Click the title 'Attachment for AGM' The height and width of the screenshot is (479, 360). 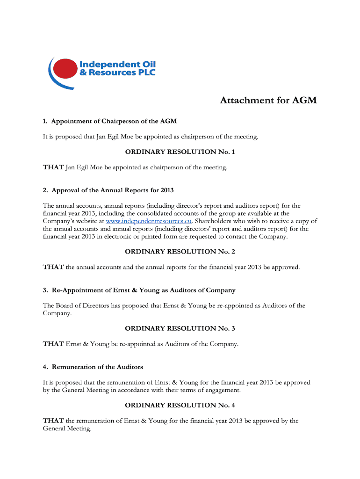tap(268, 101)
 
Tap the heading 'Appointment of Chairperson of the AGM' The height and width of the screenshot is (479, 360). tap(114, 122)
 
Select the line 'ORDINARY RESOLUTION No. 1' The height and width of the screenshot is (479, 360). tap(180, 152)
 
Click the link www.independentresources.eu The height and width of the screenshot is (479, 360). tap(149, 221)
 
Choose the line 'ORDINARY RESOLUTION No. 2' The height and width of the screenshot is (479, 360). tap(180, 252)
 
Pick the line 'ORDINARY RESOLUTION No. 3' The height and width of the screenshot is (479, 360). tap(180, 328)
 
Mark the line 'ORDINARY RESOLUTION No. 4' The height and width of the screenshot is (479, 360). tap(180, 405)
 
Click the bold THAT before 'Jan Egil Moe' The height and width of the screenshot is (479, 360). tap(53, 167)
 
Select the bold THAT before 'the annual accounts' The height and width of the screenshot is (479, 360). tap(53, 267)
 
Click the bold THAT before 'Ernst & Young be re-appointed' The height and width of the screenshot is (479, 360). tap(53, 344)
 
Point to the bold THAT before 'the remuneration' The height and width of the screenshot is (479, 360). tap(53, 421)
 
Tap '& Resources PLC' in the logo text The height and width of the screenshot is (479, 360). tap(117, 73)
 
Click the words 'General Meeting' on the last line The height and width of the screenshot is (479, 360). tap(66, 428)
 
